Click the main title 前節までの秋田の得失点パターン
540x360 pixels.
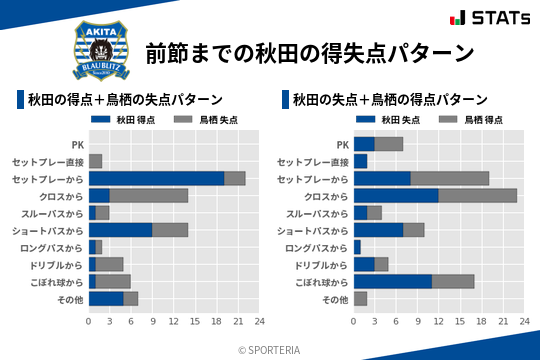[308, 52]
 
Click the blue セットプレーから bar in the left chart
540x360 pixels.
[156, 178]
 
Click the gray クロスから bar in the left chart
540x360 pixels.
[149, 195]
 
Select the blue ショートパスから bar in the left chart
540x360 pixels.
[120, 229]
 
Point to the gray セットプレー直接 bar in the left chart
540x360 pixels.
[95, 161]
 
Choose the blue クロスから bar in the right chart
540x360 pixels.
[396, 195]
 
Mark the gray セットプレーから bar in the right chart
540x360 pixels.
[450, 178]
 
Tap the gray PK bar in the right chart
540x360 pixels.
[389, 144]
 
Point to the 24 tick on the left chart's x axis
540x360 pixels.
[259, 321]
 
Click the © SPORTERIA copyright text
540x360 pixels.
[270, 349]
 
